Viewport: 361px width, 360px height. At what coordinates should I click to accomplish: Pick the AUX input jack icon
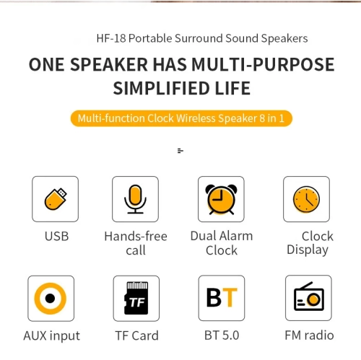51,298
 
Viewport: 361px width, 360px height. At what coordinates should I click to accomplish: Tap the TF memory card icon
136,298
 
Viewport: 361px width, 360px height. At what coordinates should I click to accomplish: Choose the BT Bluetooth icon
221,298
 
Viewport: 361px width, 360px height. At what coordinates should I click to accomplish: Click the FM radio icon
308,298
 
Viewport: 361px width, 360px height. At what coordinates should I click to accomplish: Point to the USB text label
56,237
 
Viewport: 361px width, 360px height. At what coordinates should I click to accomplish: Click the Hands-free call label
135,243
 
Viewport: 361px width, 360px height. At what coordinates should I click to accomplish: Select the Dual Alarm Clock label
221,243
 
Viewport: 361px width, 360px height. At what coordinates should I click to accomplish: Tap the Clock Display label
310,243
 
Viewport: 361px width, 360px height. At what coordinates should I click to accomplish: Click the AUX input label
51,335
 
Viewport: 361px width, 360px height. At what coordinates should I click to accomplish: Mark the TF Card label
136,335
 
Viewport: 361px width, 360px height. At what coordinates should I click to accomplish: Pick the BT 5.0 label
221,335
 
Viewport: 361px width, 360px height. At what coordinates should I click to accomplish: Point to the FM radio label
309,335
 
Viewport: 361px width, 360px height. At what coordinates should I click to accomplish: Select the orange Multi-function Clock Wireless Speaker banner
181,118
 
